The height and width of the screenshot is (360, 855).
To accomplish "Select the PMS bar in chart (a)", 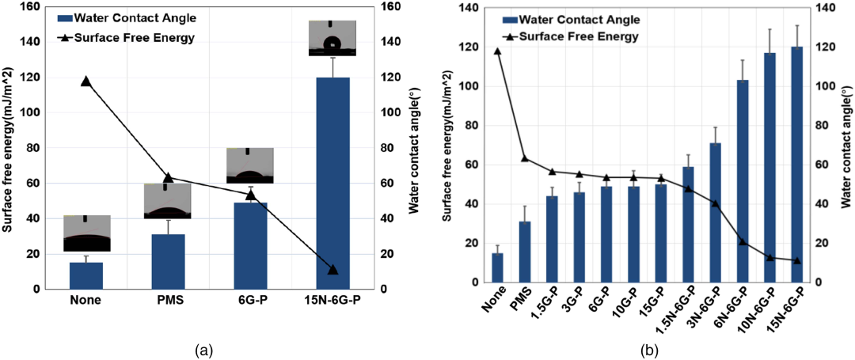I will pos(168,262).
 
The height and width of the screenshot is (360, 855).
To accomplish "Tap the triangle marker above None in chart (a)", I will pos(86,81).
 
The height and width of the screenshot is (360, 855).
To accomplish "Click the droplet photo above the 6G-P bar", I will pos(249,165).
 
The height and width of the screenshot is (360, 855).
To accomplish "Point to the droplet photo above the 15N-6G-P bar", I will pos(332,38).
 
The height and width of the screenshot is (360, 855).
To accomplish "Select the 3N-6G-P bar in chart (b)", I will pos(716,213).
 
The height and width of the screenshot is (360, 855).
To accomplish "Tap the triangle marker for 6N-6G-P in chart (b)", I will pos(743,241).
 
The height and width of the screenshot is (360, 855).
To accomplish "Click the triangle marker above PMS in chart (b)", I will pos(525,158).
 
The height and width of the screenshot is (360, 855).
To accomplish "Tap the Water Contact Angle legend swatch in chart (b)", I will pos(515,20).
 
